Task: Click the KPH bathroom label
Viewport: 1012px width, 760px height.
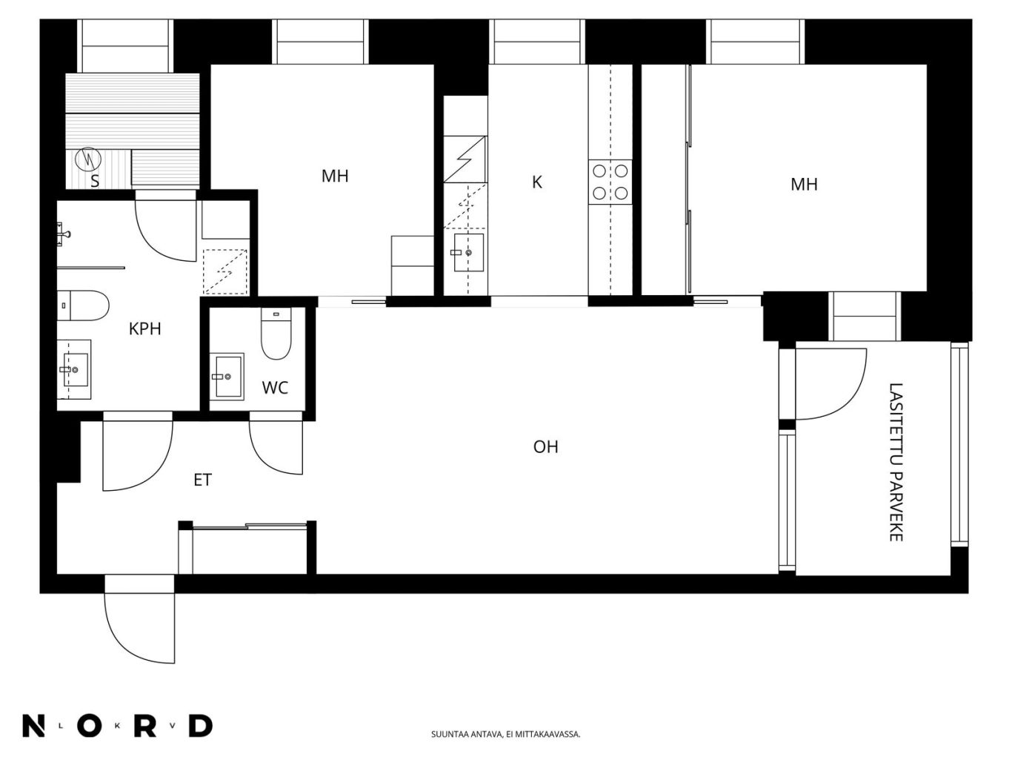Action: [x=144, y=329]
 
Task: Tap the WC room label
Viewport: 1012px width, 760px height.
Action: [x=276, y=388]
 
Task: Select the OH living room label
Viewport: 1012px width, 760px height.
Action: [x=546, y=446]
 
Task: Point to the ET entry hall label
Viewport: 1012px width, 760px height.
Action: [x=202, y=480]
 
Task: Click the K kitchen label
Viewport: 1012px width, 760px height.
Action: [x=537, y=182]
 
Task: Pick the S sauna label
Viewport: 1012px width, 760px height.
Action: [x=95, y=181]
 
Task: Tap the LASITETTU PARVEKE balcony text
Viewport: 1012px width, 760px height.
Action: [x=896, y=462]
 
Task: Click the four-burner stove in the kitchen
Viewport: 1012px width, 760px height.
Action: [x=610, y=182]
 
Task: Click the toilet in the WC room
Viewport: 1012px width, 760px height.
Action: [x=276, y=334]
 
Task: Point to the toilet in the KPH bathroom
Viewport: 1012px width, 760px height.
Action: [x=83, y=305]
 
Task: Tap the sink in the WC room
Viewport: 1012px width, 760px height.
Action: [x=227, y=377]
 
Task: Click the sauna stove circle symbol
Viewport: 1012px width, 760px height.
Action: [x=88, y=159]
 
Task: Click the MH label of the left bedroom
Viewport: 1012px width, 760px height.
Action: [x=335, y=176]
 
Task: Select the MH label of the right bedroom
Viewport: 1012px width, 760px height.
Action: [x=804, y=184]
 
